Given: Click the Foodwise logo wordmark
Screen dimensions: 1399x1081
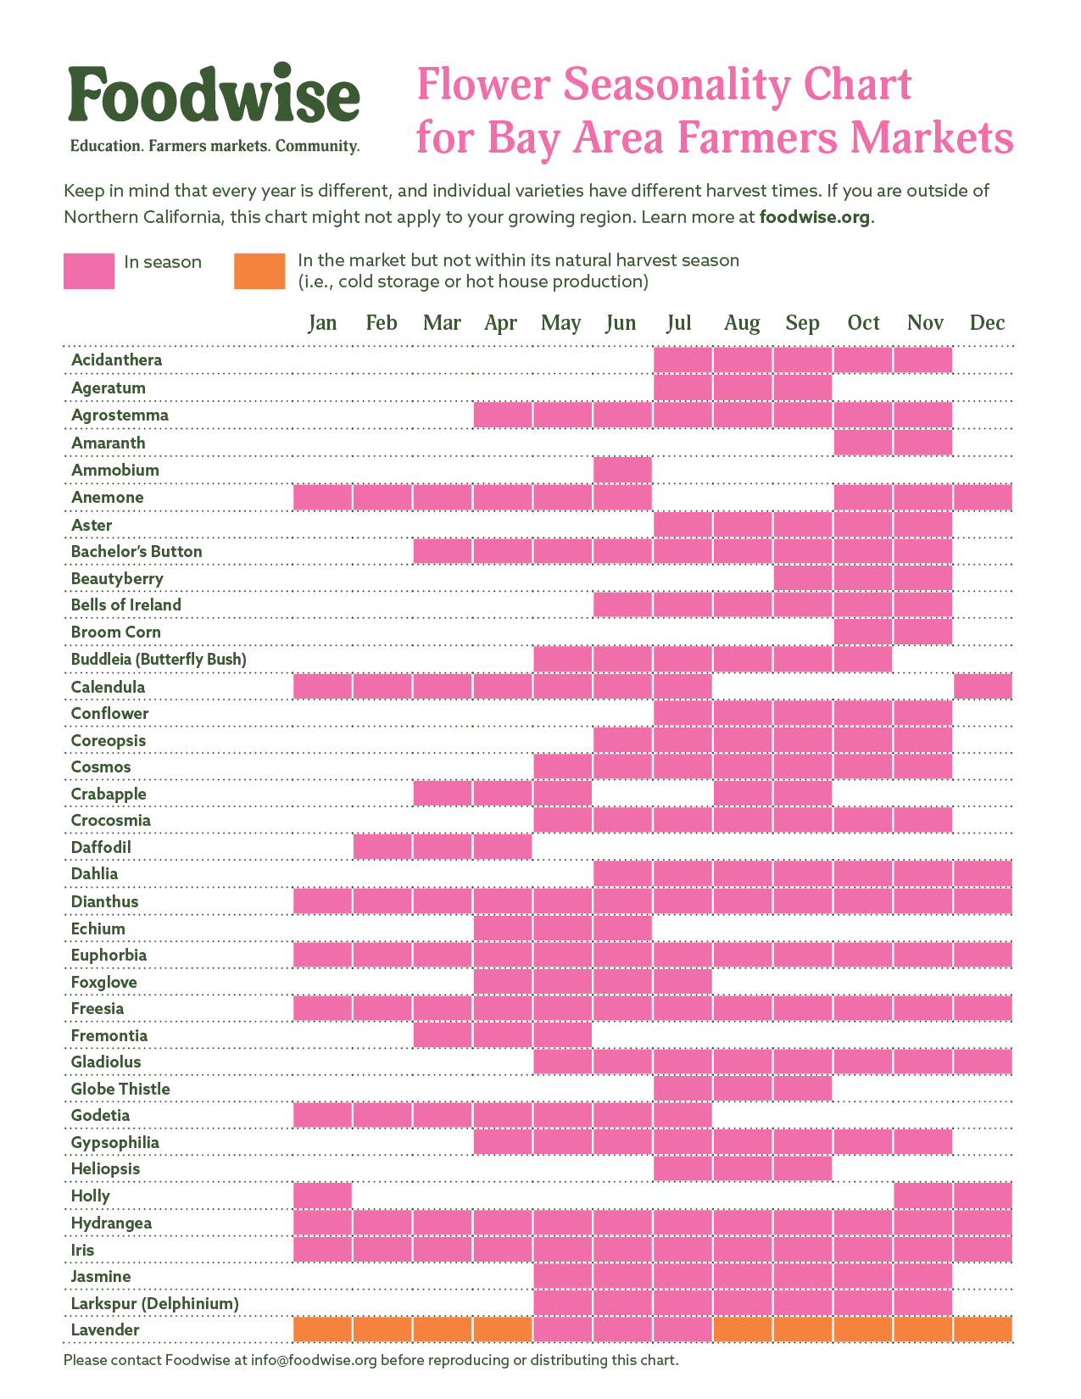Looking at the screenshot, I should [x=215, y=95].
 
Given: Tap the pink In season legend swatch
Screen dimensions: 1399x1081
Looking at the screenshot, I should [x=89, y=271].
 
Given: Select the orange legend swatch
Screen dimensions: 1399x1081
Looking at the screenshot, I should [x=259, y=271].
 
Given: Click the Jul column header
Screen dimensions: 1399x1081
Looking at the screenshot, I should [x=679, y=323].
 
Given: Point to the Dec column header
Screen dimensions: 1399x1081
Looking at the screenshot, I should [x=987, y=323].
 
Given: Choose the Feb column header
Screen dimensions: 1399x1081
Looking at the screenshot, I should [x=382, y=323].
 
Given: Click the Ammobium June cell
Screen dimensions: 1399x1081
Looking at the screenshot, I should [x=622, y=470].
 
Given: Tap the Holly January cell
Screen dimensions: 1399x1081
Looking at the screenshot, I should [x=322, y=1196].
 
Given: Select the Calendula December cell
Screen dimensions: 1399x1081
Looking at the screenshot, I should [x=983, y=687].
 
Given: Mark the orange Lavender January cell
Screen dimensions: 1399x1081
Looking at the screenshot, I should [x=322, y=1329].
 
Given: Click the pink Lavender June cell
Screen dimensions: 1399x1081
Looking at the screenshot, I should [x=622, y=1329].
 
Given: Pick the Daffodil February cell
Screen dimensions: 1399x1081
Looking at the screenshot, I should [x=382, y=847].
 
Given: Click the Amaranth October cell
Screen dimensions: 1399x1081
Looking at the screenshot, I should [x=863, y=443].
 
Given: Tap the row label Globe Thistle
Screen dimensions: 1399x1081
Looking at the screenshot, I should [x=120, y=1089].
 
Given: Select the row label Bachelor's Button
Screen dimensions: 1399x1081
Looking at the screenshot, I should [x=137, y=552].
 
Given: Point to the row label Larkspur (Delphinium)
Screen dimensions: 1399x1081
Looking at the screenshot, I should [x=154, y=1303].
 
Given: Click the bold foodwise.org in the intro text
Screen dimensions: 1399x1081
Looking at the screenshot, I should [x=815, y=217].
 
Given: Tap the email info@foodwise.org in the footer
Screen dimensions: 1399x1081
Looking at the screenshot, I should [x=313, y=1360].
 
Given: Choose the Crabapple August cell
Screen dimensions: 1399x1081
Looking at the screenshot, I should [x=743, y=794].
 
